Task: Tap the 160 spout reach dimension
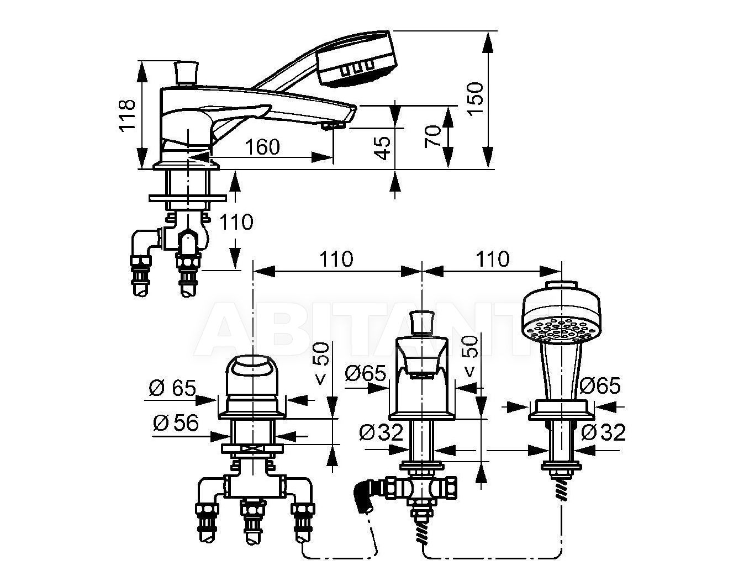[263, 147]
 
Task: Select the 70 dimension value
[433, 136]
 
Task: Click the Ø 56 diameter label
[176, 422]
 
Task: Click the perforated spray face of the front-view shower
[561, 331]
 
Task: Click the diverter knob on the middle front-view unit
[422, 321]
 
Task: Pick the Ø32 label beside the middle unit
[381, 432]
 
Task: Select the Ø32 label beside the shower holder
[603, 432]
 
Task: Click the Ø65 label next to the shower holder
[600, 386]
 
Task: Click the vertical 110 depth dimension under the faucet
[236, 222]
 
